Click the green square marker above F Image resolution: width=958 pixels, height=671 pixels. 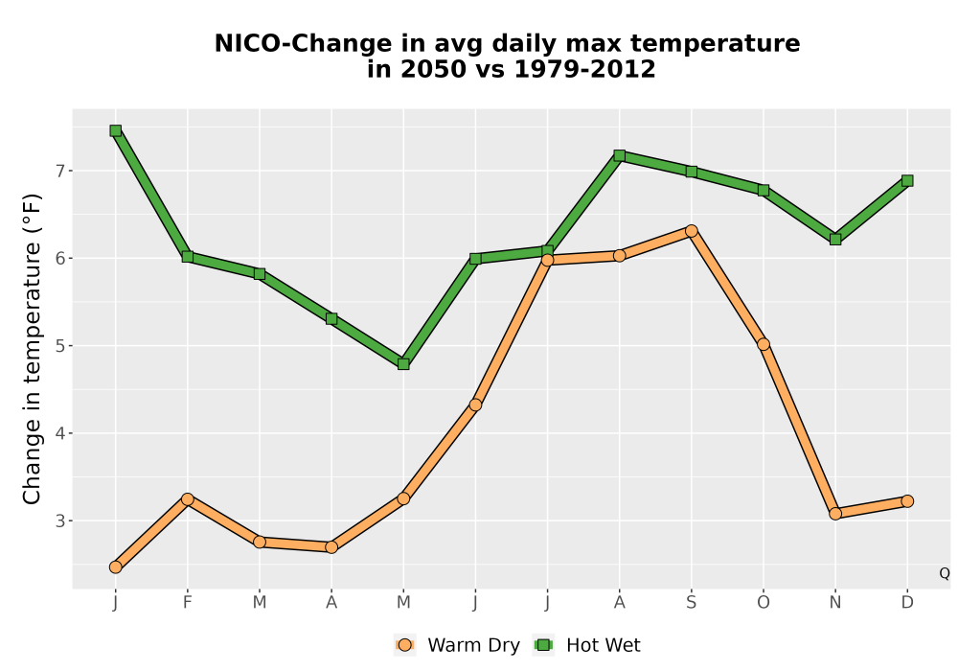(188, 257)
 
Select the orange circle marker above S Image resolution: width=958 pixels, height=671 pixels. (691, 231)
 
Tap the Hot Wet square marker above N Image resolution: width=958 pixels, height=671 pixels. (835, 239)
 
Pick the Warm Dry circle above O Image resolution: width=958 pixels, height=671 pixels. (764, 345)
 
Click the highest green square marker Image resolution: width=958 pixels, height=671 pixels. (116, 130)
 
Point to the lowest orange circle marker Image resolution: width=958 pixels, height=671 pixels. (116, 567)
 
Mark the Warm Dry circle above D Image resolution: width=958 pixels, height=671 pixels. (907, 501)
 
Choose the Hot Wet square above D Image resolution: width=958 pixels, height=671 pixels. (907, 181)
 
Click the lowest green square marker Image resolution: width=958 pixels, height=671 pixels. (403, 364)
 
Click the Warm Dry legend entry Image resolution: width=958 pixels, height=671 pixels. (457, 645)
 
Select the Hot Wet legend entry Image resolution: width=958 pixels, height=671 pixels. (586, 645)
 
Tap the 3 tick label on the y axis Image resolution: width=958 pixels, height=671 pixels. (59, 521)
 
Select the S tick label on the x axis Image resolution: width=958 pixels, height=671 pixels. (691, 603)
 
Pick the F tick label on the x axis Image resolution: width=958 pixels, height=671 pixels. (188, 603)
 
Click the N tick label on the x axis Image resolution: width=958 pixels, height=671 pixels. (835, 603)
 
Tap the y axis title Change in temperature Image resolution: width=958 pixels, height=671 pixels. (32, 349)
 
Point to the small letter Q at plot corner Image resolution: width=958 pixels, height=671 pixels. (945, 573)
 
